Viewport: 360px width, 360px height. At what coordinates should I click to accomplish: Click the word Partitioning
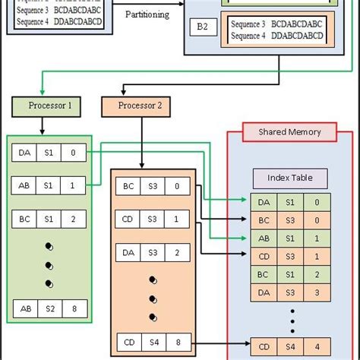click(x=147, y=14)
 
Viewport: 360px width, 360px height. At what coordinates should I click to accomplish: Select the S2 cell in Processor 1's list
click(x=50, y=309)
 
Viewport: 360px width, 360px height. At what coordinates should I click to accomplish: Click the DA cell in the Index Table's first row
click(x=264, y=202)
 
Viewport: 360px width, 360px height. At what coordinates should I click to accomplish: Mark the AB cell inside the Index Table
click(x=264, y=238)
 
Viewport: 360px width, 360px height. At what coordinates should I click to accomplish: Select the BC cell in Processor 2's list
click(x=128, y=186)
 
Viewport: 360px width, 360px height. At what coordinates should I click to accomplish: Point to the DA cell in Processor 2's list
click(x=128, y=252)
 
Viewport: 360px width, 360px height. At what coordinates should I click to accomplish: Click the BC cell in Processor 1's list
click(x=25, y=218)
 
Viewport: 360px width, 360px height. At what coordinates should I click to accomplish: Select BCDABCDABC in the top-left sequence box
click(x=80, y=10)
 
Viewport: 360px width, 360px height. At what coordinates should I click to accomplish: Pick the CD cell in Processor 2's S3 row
click(x=128, y=219)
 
